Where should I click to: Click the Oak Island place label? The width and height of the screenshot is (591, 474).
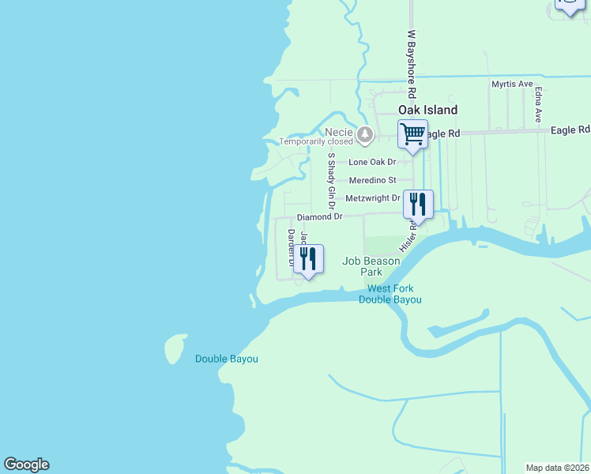coord(427,110)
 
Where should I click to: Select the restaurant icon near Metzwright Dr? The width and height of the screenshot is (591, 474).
coord(418,205)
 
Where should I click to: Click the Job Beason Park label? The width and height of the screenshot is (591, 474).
coord(361,266)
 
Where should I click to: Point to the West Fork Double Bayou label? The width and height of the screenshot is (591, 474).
coord(390,294)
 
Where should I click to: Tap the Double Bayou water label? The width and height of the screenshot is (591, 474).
coord(227,359)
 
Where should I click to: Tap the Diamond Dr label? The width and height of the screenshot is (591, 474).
coord(319,216)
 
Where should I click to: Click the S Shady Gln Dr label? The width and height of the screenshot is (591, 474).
coord(332,177)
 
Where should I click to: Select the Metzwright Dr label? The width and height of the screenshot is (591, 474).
coord(373,198)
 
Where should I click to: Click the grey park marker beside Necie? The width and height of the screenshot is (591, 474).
coord(364,135)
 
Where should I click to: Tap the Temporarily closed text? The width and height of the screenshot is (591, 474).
coord(314,142)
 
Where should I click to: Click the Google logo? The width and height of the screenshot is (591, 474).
coord(26,465)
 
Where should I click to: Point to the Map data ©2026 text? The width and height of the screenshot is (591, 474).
coord(558,468)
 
